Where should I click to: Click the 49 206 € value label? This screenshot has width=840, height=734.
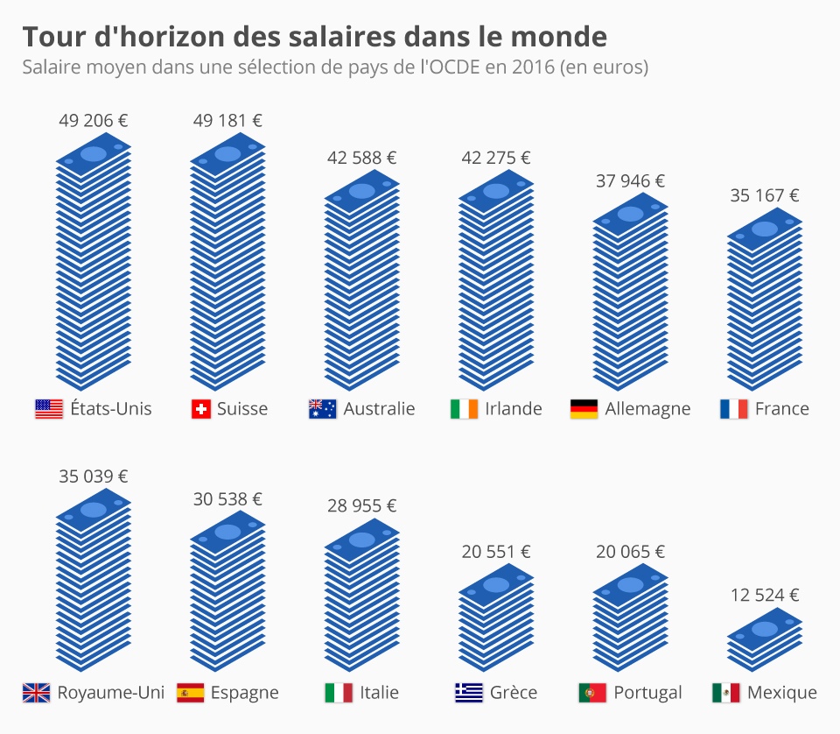pyautogui.click(x=94, y=121)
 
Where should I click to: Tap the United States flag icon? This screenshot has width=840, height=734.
pyautogui.click(x=49, y=409)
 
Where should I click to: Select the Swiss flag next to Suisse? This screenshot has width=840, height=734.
pyautogui.click(x=201, y=409)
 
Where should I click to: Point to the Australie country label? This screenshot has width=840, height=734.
pyautogui.click(x=379, y=409)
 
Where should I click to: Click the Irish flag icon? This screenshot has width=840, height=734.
pyautogui.click(x=465, y=409)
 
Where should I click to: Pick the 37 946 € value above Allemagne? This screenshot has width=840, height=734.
pyautogui.click(x=630, y=181)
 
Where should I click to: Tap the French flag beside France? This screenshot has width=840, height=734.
pyautogui.click(x=733, y=409)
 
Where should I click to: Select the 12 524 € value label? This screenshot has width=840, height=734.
pyautogui.click(x=765, y=596)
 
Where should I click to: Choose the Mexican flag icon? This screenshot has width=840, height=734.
pyautogui.click(x=726, y=693)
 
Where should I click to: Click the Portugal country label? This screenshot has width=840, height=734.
pyautogui.click(x=647, y=693)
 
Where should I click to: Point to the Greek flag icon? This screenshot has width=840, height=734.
pyautogui.click(x=469, y=693)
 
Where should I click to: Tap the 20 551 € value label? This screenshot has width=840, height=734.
pyautogui.click(x=496, y=552)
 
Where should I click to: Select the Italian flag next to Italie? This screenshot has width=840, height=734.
pyautogui.click(x=339, y=693)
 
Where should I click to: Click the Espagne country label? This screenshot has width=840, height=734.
pyautogui.click(x=244, y=693)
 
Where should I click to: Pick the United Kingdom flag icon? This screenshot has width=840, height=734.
pyautogui.click(x=36, y=693)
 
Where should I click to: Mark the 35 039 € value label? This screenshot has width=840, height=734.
pyautogui.click(x=94, y=476)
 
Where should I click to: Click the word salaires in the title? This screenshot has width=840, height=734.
pyautogui.click(x=328, y=37)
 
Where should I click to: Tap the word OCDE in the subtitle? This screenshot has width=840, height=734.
pyautogui.click(x=449, y=67)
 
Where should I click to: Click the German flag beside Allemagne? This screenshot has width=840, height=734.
pyautogui.click(x=584, y=409)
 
